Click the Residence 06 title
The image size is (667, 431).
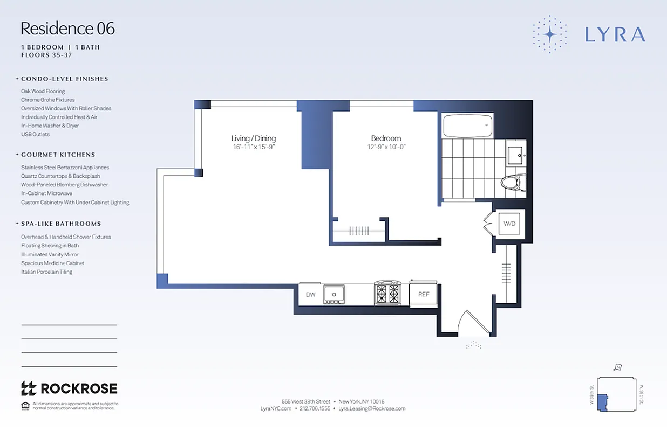pos(68,29)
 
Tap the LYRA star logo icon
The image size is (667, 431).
pos(549,34)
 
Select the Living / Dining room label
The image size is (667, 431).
pos(254,138)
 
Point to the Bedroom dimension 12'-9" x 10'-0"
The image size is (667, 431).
pos(386,147)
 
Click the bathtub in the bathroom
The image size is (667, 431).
pos(467,126)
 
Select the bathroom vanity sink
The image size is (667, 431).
pos(516,155)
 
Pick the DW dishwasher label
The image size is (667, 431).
pos(310,295)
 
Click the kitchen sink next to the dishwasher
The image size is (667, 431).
pos(334,295)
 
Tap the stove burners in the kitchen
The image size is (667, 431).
pos(387,293)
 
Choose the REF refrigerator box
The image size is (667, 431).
pos(424,294)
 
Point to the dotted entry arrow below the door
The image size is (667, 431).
pos(473,345)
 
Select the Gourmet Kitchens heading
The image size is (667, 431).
pos(58,155)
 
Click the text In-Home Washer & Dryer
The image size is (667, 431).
pos(50,126)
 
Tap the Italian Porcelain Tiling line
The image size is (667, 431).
pos(46,272)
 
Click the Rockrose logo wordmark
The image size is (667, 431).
pos(69,388)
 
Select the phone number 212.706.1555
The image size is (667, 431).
pos(315,409)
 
